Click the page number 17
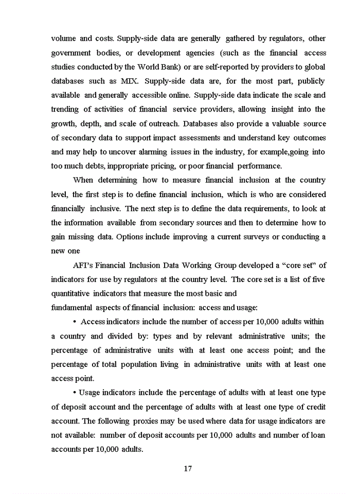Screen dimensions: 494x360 [188, 469]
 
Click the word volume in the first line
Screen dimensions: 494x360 [64, 39]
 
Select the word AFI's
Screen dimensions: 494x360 [84, 266]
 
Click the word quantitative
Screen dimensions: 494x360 [70, 294]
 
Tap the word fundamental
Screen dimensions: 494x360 [71, 308]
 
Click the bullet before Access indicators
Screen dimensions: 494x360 [75, 322]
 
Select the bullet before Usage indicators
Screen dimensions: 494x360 [75, 393]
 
